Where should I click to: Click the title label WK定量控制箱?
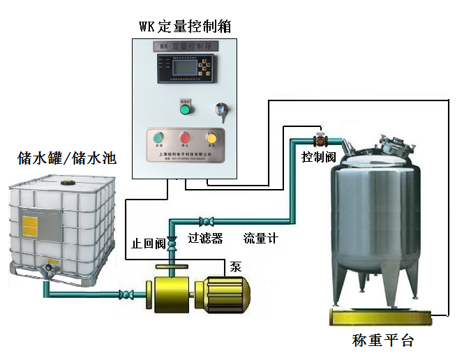point(185,27)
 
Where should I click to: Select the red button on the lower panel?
point(185,138)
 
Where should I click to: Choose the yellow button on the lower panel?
point(211,138)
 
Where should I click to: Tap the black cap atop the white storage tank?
point(68,181)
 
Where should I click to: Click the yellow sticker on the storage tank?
point(31,226)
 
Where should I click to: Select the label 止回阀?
point(149,243)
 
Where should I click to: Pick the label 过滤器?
point(205,238)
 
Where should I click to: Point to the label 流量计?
point(260,238)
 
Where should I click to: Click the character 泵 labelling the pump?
point(237,266)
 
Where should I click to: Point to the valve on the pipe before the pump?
point(128,293)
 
